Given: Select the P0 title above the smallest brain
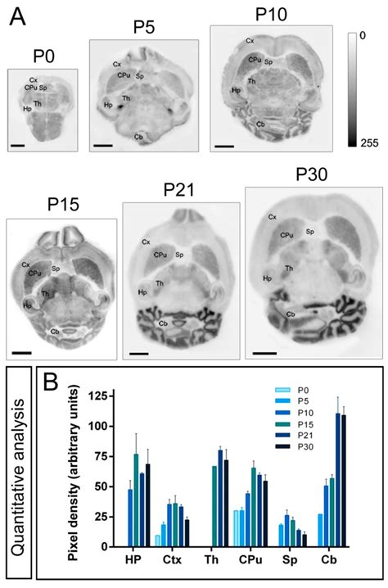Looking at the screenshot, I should pos(42,58).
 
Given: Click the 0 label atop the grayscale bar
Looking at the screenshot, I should pos(363,37).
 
